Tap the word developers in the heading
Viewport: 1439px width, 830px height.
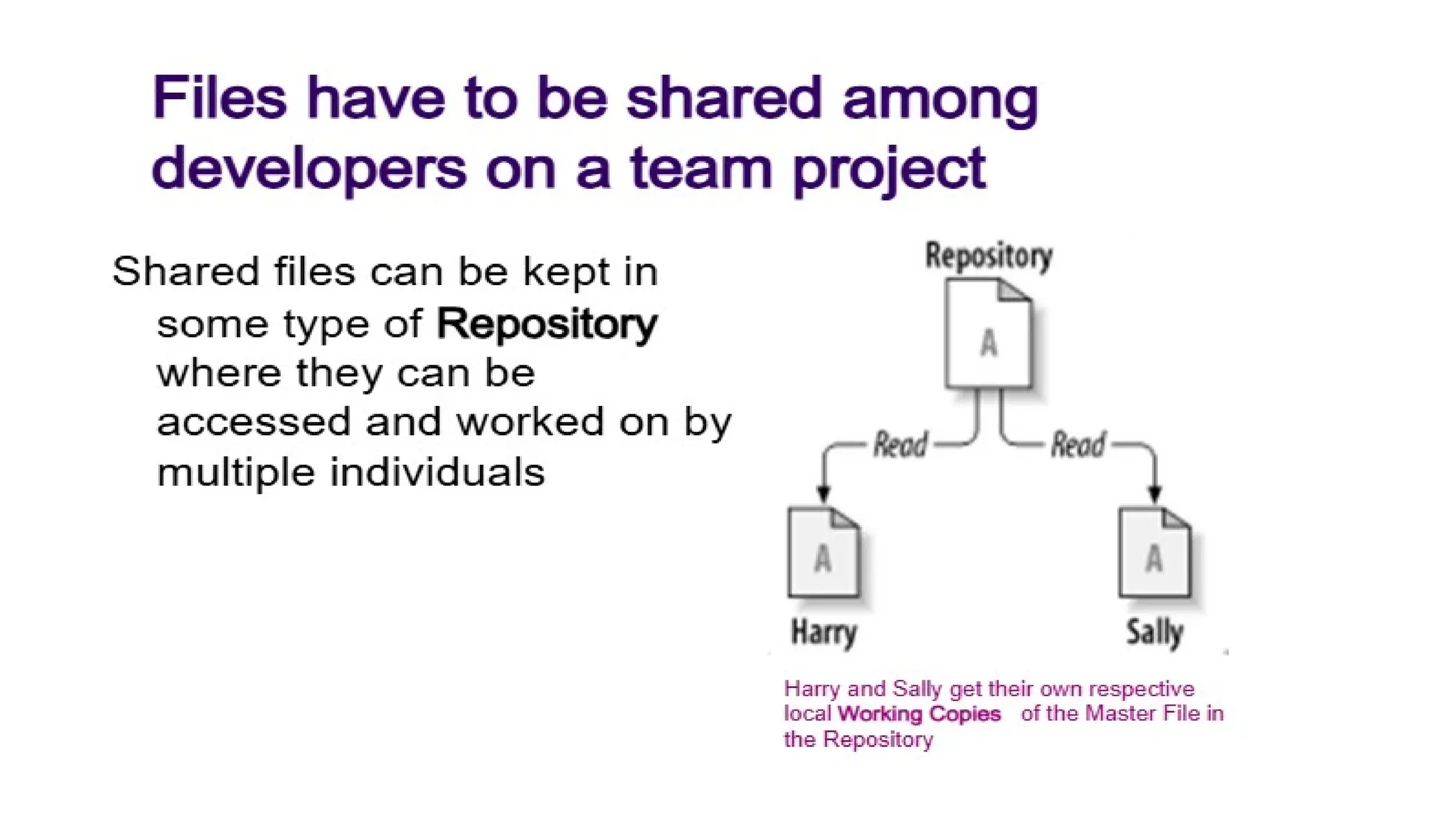pyautogui.click(x=309, y=169)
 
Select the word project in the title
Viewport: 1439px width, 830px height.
pyautogui.click(x=890, y=170)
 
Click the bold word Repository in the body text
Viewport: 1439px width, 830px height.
pyautogui.click(x=547, y=324)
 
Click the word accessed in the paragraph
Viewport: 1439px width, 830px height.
pyautogui.click(x=253, y=422)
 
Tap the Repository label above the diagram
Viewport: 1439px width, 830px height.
pyautogui.click(x=989, y=256)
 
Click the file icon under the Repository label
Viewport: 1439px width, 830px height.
pyautogui.click(x=989, y=334)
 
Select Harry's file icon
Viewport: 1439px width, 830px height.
pyautogui.click(x=823, y=553)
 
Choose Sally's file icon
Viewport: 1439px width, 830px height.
pyautogui.click(x=1154, y=553)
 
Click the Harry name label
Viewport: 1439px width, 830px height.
pyautogui.click(x=824, y=632)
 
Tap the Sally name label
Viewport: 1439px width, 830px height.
pyautogui.click(x=1155, y=632)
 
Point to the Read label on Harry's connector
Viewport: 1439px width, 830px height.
pyautogui.click(x=900, y=444)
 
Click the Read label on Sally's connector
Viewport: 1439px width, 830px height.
pyautogui.click(x=1078, y=444)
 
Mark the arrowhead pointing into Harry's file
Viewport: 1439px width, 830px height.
pyautogui.click(x=824, y=494)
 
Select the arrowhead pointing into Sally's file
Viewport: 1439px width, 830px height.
pyautogui.click(x=1154, y=494)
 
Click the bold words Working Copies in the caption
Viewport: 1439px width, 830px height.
pyautogui.click(x=919, y=714)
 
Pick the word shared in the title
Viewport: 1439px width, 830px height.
pyautogui.click(x=724, y=98)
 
